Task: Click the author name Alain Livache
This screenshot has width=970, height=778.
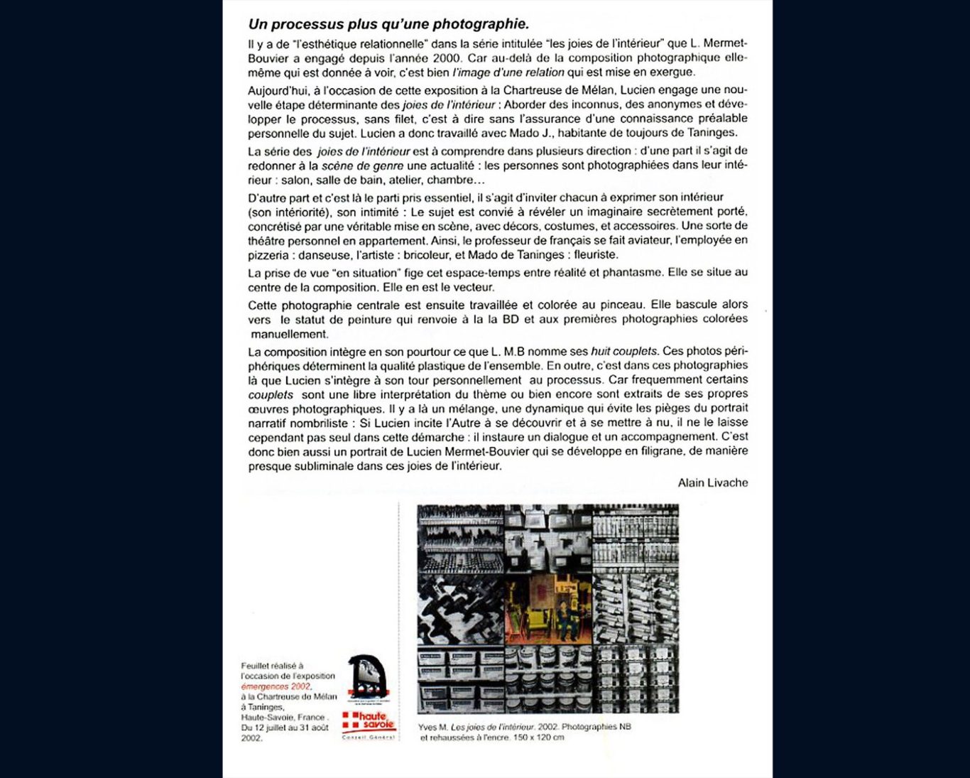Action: click(x=712, y=483)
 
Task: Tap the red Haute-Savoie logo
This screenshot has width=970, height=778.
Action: click(x=369, y=722)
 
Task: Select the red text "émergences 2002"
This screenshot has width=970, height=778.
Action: click(x=276, y=686)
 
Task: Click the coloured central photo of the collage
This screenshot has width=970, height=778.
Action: click(x=547, y=609)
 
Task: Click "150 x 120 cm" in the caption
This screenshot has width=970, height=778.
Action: click(x=538, y=738)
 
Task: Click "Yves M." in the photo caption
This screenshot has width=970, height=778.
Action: click(x=432, y=727)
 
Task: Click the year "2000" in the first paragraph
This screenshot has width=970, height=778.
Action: click(x=447, y=58)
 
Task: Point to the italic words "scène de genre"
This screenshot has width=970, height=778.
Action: click(x=362, y=166)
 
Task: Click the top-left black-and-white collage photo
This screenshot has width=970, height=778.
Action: click(x=461, y=539)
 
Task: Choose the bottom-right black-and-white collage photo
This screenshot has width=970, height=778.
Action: click(x=636, y=679)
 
